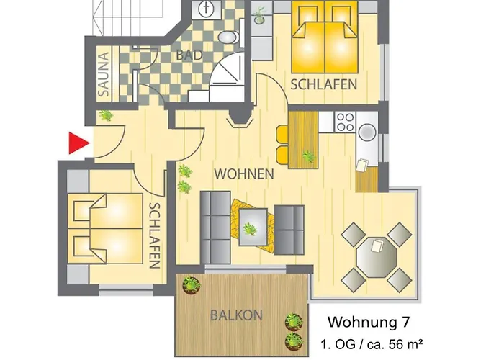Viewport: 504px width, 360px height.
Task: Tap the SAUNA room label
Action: [x=104, y=74]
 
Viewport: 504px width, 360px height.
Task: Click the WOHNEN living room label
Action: [x=243, y=174]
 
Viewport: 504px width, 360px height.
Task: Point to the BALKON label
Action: [x=237, y=315]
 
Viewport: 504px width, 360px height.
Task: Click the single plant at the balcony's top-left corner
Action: [x=191, y=285]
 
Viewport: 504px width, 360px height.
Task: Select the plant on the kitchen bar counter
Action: [x=310, y=155]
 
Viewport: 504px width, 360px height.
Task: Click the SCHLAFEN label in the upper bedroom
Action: [x=324, y=85]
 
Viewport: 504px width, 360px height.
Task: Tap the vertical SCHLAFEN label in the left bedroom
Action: [x=154, y=235]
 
